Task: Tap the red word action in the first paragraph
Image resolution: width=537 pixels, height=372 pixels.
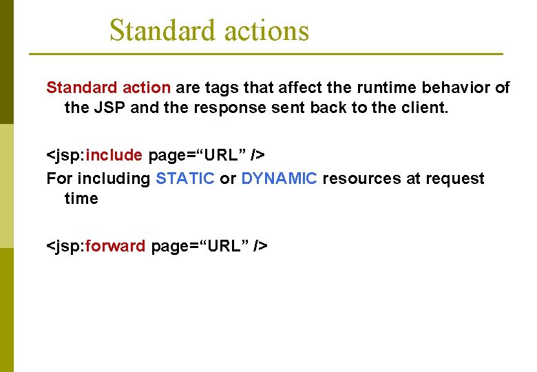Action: (x=146, y=87)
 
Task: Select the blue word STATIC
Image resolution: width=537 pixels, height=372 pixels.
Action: (x=185, y=178)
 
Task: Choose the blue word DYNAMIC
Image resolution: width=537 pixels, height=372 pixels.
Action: (x=279, y=178)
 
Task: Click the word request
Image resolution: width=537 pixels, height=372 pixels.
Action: (x=454, y=178)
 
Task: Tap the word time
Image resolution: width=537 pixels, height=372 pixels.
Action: (x=81, y=198)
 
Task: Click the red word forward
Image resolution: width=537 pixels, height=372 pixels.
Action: (x=116, y=246)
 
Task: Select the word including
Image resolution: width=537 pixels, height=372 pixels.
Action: (x=113, y=178)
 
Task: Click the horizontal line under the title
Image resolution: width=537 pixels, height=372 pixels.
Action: (x=266, y=54)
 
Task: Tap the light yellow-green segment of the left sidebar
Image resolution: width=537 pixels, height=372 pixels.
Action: (x=6, y=186)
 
